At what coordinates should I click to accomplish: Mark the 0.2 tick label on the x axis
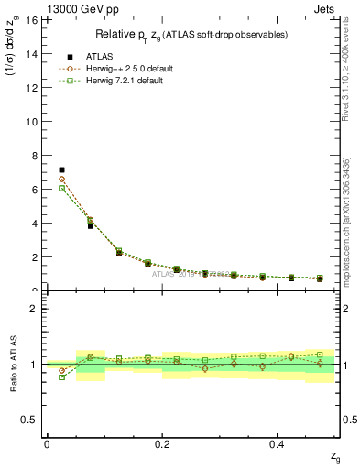point(162,444)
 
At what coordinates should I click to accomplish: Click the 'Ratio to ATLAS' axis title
point(15,364)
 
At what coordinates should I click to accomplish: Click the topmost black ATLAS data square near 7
point(61,169)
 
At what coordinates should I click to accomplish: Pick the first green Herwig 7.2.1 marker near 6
point(61,188)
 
